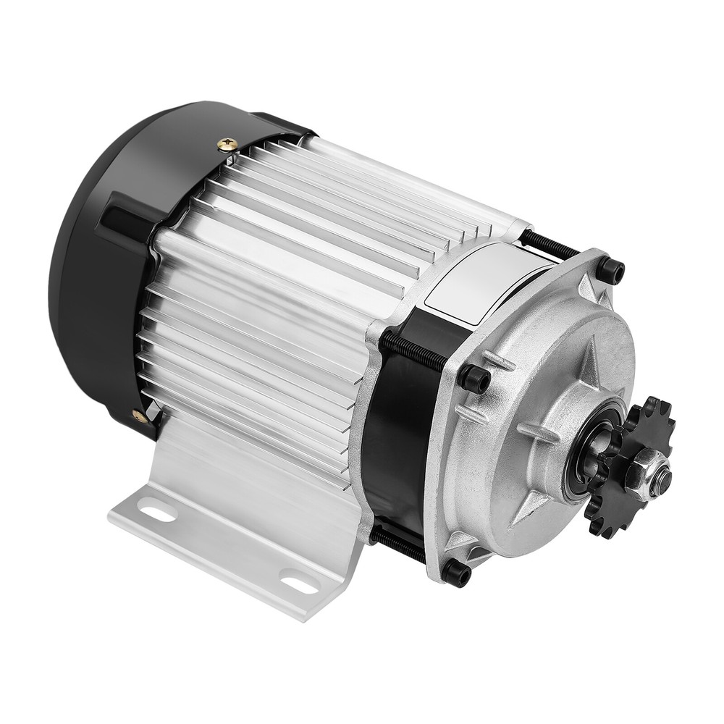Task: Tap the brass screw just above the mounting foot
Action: click(138, 415)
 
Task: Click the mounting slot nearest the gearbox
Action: click(298, 579)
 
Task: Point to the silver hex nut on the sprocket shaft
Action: click(656, 479)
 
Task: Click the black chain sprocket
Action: click(637, 500)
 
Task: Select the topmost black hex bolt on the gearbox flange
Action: click(610, 271)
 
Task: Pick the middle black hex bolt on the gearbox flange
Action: click(475, 377)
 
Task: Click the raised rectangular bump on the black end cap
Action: click(123, 217)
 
